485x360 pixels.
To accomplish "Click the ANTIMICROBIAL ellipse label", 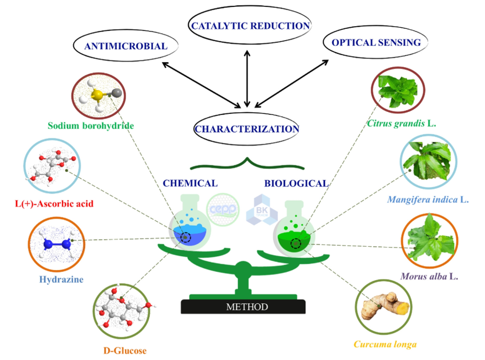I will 126,46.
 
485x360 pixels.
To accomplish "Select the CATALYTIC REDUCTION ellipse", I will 250,25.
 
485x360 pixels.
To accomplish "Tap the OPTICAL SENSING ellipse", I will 375,42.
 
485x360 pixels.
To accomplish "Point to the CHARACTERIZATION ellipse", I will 247,128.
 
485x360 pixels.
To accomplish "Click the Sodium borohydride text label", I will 90,126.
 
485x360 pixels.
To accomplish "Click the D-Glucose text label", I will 124,351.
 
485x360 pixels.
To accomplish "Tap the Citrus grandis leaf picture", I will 397,88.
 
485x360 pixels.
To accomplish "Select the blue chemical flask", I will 187,231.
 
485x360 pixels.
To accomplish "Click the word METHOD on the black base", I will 247,307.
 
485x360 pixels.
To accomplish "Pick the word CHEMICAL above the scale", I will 190,183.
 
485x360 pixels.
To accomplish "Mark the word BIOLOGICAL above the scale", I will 296,183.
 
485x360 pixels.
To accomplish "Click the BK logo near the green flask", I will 261,210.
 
